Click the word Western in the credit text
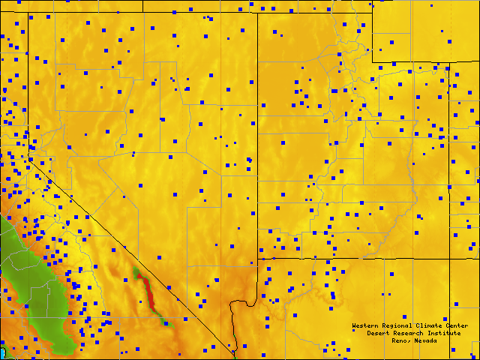pos(365,325)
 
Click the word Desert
pos(379,333)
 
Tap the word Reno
pos(399,340)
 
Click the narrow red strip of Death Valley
pos(148,289)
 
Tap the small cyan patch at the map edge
pos(4,351)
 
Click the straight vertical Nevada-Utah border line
pos(258,150)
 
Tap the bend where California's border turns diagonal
pos(29,157)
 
